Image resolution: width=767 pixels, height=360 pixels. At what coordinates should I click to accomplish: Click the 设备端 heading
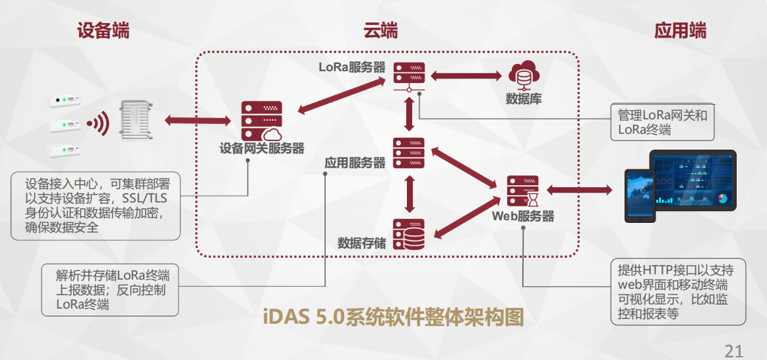pyautogui.click(x=103, y=30)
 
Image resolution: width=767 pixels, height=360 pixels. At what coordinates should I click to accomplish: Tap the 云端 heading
pyautogui.click(x=381, y=30)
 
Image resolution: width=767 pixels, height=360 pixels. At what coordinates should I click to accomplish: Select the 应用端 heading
pyautogui.click(x=680, y=30)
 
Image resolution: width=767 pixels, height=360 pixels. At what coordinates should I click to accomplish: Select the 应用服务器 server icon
pyautogui.click(x=409, y=153)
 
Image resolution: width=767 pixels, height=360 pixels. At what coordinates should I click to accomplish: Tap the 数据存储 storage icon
pyautogui.click(x=409, y=234)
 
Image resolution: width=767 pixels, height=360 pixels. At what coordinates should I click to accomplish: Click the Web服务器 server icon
pyautogui.click(x=522, y=191)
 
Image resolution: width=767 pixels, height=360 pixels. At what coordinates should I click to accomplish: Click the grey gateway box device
pyautogui.click(x=137, y=119)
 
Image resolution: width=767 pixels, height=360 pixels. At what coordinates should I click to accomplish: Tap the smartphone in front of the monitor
pyautogui.click(x=639, y=194)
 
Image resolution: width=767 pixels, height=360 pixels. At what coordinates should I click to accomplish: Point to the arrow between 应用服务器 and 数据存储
pyautogui.click(x=410, y=194)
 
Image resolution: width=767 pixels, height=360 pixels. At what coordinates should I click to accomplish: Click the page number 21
pyautogui.click(x=734, y=349)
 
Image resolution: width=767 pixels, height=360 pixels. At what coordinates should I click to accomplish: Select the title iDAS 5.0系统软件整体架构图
pyautogui.click(x=394, y=317)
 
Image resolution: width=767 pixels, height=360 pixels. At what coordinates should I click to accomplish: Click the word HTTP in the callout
pyautogui.click(x=660, y=270)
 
